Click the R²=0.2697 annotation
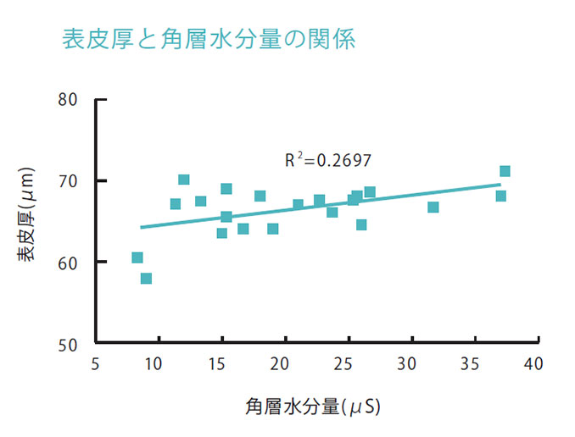point(327,159)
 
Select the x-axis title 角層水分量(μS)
point(313,407)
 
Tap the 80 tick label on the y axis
point(69,100)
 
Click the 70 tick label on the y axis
point(69,181)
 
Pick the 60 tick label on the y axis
point(69,263)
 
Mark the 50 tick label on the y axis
point(69,344)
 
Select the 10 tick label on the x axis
point(154,364)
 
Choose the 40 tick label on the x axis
point(533,364)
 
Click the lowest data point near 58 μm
point(146,279)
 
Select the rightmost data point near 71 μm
point(505,172)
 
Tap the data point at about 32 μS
point(433,207)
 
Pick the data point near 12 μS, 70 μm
point(184,180)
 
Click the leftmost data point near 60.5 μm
point(137,257)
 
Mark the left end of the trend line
point(142,227)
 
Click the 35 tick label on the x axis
point(471,364)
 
